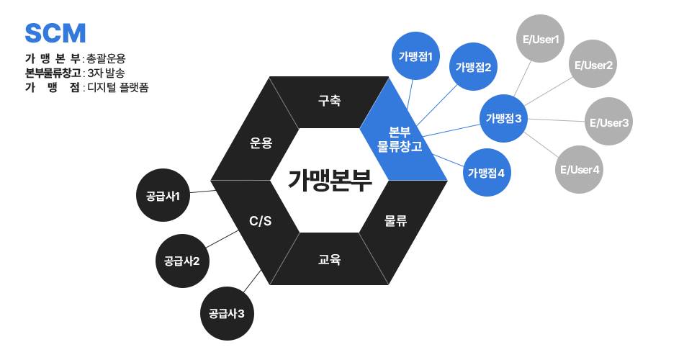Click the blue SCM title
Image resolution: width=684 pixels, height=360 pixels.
(x=55, y=33)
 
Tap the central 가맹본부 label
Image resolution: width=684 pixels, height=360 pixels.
(x=330, y=180)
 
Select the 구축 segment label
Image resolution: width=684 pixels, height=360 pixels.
(x=329, y=100)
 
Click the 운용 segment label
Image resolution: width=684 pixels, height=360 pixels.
(x=261, y=143)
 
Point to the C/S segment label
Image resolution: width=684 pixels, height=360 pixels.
(x=260, y=221)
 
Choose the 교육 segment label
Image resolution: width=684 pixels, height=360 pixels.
(x=329, y=259)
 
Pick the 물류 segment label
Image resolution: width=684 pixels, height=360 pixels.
(x=396, y=221)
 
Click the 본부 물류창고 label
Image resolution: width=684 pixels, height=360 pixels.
(x=400, y=140)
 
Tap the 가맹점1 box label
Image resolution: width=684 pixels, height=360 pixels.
(x=415, y=56)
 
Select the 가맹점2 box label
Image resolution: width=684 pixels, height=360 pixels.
(x=473, y=68)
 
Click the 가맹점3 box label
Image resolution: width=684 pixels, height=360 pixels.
(x=503, y=118)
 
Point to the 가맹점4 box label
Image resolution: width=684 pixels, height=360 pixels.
(x=486, y=173)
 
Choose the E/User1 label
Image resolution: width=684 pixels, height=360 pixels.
(x=541, y=39)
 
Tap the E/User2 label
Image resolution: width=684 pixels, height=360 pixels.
(x=593, y=66)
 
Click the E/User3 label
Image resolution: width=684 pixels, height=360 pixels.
(x=609, y=123)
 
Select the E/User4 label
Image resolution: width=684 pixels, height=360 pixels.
(x=580, y=170)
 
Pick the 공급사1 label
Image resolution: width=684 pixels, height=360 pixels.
(x=163, y=196)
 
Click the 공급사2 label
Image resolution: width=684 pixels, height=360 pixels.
(x=181, y=261)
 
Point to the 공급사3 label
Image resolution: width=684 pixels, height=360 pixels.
(x=227, y=313)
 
